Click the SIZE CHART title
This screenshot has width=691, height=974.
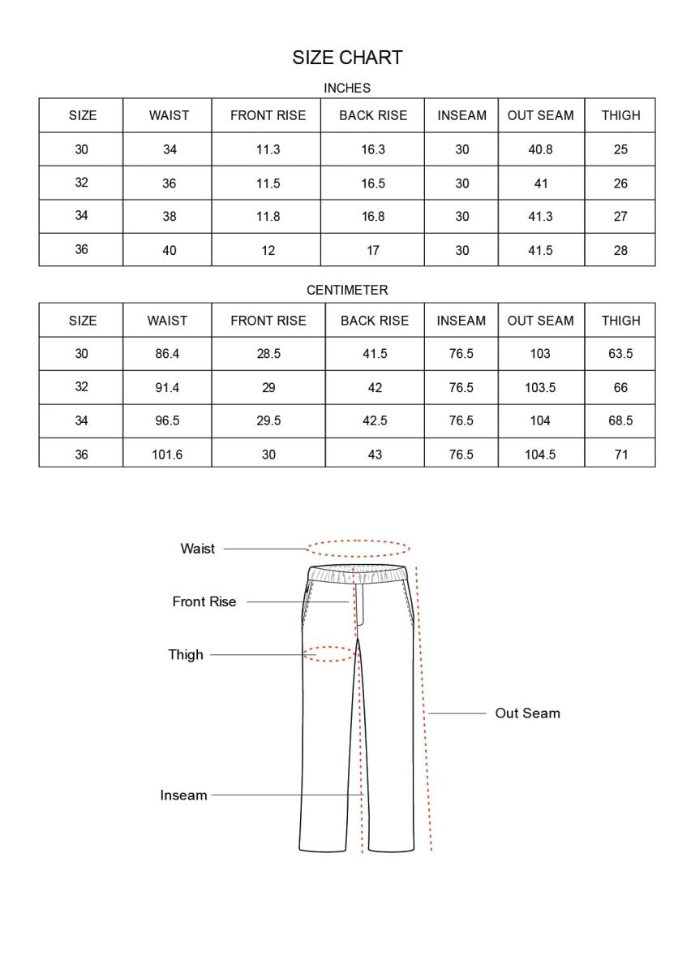(347, 58)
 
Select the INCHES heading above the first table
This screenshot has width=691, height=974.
(347, 88)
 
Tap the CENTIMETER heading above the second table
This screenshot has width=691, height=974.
(347, 290)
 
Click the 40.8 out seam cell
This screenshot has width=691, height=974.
(540, 149)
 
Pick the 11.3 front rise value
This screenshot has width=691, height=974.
(268, 149)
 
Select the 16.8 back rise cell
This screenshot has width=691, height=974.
(373, 217)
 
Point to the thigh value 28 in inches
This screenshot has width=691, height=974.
(620, 250)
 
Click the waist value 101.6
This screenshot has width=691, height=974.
(167, 455)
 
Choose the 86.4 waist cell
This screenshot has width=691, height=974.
(167, 354)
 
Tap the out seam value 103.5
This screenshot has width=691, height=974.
(540, 388)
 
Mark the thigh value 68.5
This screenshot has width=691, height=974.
(620, 421)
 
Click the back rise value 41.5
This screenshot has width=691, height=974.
(375, 354)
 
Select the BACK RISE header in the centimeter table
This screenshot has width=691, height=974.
(375, 321)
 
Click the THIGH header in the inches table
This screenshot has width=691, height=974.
(620, 115)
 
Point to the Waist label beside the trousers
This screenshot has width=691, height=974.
(198, 549)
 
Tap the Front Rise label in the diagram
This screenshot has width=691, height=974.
(204, 602)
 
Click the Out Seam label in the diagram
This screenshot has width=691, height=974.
(527, 713)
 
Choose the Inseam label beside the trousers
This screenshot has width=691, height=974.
(183, 795)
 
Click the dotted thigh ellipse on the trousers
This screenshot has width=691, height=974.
(330, 653)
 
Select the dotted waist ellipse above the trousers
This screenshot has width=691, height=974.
(358, 548)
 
